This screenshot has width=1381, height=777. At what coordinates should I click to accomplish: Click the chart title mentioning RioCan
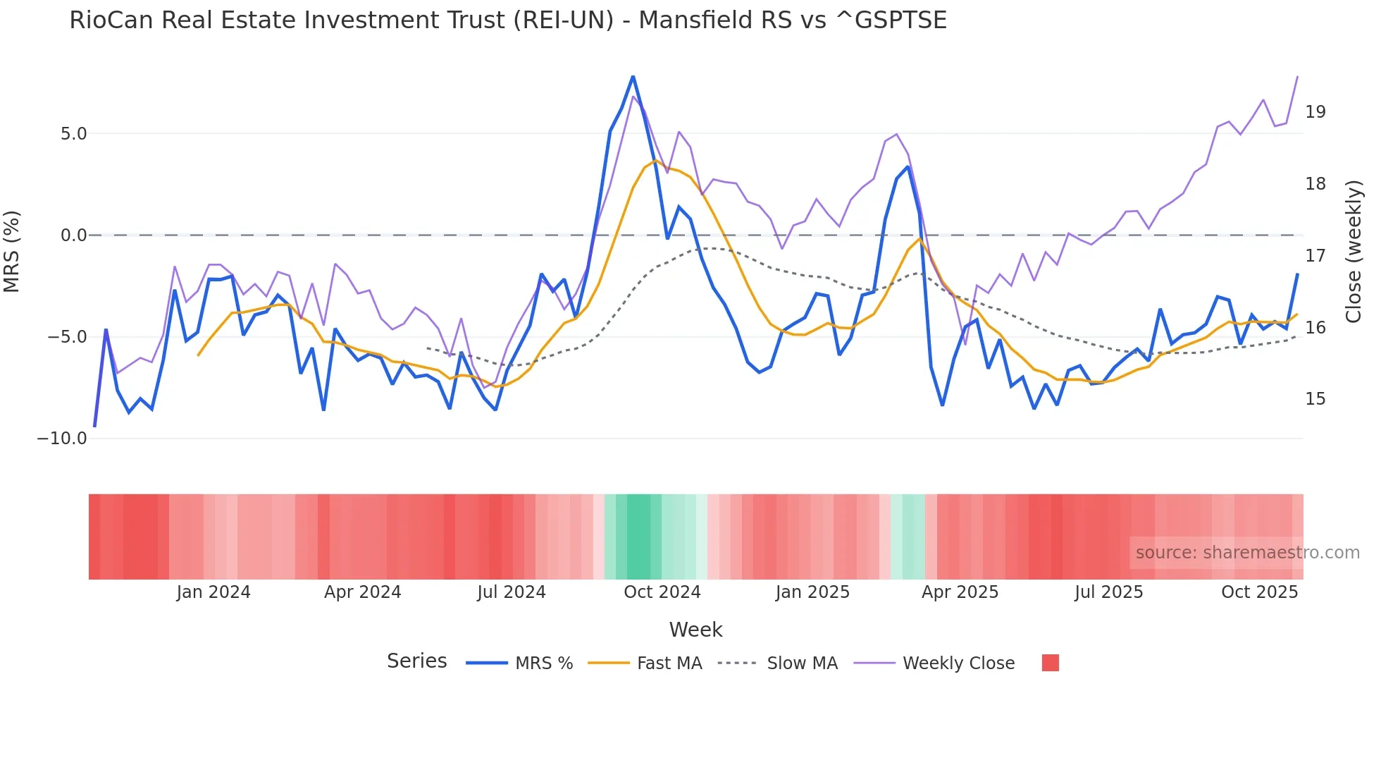click(507, 20)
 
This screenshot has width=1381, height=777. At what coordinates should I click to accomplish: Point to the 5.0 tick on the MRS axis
click(73, 134)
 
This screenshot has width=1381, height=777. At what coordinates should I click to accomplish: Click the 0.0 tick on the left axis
click(73, 235)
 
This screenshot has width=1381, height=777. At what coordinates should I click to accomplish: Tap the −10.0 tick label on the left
click(62, 439)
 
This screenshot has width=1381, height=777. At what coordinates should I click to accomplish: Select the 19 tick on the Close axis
click(1315, 112)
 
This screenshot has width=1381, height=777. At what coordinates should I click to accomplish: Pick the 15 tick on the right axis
click(1315, 399)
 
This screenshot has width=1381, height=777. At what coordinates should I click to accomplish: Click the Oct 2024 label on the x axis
click(662, 592)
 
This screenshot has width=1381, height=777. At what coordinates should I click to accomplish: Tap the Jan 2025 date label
click(812, 592)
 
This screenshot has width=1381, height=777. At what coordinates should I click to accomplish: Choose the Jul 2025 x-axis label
click(1108, 592)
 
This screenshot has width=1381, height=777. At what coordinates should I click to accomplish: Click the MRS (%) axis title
click(12, 252)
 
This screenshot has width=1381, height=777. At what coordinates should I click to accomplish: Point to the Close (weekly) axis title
click(1354, 252)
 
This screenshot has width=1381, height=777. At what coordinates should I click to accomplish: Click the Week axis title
click(695, 630)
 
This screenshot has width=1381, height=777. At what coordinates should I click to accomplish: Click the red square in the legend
click(1050, 663)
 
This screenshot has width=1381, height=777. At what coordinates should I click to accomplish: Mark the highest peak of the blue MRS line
click(633, 76)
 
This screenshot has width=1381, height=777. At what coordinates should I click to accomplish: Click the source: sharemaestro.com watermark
click(1247, 553)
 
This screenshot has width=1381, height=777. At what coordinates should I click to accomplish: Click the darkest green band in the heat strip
click(638, 537)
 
